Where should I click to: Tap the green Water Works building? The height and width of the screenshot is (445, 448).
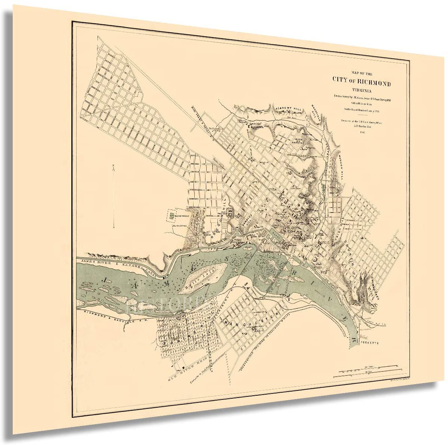pos(172,215)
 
